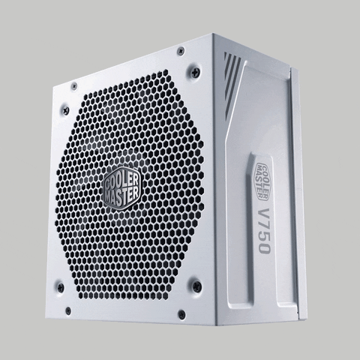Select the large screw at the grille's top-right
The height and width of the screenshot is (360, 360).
point(195,73)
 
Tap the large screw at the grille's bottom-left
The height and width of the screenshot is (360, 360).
point(60,285)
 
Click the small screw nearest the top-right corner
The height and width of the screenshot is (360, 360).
point(180,50)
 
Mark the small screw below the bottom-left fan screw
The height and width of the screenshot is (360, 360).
point(67,309)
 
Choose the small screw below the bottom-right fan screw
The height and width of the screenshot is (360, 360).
point(181,315)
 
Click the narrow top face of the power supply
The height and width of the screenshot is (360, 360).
point(135,52)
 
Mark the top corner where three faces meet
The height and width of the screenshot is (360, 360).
point(214,35)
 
